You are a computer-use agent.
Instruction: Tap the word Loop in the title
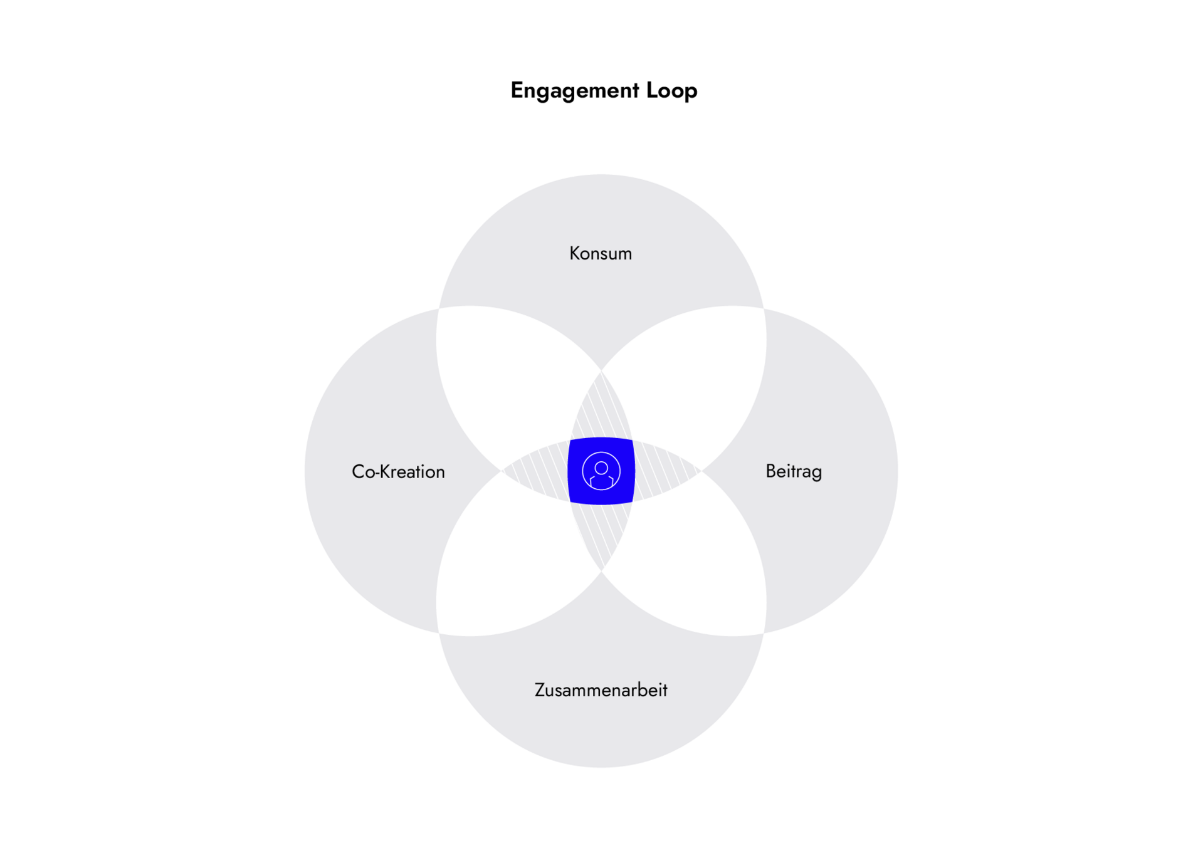coord(671,91)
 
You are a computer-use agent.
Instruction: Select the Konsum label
coord(600,253)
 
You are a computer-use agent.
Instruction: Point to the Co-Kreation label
coord(398,471)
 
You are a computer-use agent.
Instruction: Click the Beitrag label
coord(793,471)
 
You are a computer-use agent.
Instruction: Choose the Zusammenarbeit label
coord(600,690)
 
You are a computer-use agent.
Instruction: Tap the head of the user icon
coord(601,468)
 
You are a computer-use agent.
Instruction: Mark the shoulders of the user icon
coord(601,483)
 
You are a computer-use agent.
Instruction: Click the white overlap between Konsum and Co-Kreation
coord(508,382)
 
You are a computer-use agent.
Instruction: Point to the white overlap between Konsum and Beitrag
coord(695,382)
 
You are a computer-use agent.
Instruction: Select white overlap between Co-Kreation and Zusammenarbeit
coord(508,561)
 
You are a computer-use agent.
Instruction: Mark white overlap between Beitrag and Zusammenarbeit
coord(695,561)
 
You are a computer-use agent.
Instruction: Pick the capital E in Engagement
coord(517,90)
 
